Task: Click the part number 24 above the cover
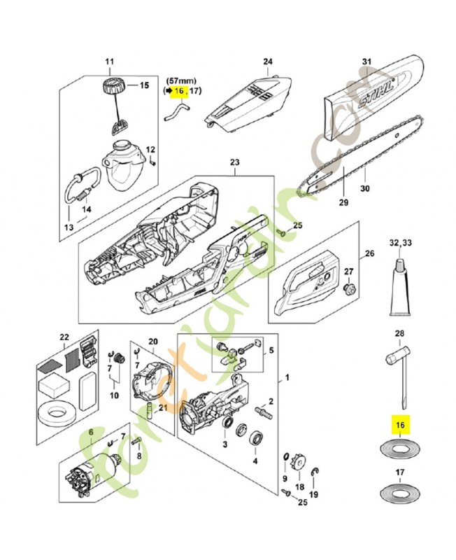tap(266, 62)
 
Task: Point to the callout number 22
tap(64, 337)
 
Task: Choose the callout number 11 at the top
tap(108, 62)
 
